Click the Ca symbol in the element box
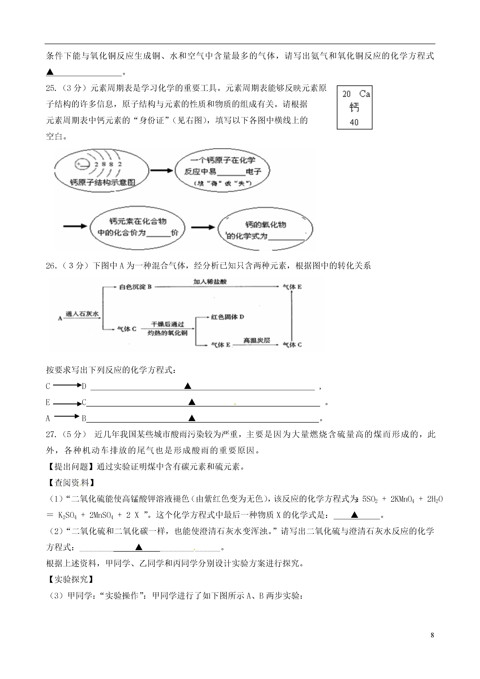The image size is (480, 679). pos(364,94)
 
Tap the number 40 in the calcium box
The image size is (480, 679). pos(354,122)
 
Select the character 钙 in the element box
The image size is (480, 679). pos(354,107)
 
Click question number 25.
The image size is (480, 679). pos(51,88)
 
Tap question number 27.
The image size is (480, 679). pos(51,434)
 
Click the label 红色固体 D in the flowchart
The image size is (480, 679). pos(227,317)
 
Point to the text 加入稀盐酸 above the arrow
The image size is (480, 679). pos(210,282)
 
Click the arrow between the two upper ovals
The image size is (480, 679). pos(161,171)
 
